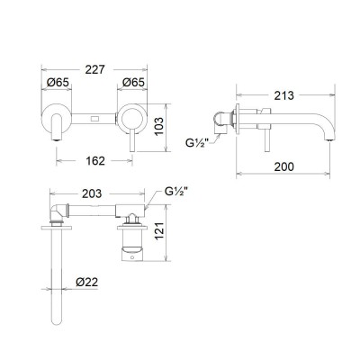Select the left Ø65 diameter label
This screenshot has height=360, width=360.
point(58,83)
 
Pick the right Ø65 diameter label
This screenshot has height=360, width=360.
point(133,83)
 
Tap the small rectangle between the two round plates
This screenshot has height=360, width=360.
point(95,118)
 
